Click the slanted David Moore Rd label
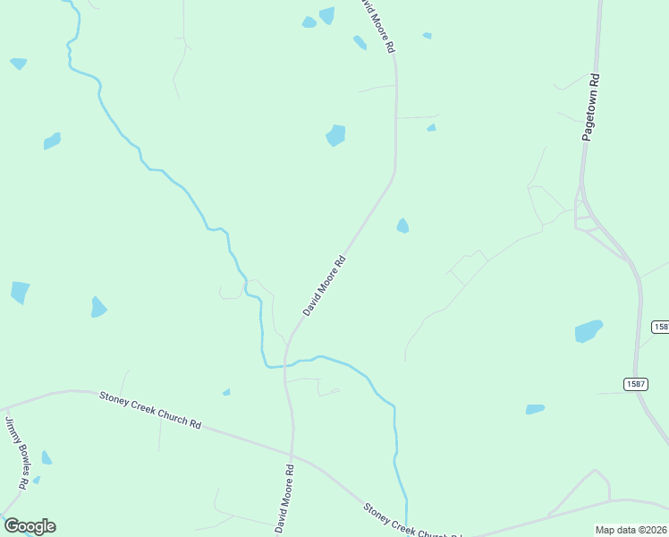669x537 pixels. click(x=324, y=286)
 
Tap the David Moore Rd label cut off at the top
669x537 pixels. click(x=377, y=25)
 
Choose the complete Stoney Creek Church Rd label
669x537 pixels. click(x=150, y=409)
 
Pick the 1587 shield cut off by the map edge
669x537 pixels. click(x=660, y=327)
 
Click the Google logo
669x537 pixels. click(x=30, y=525)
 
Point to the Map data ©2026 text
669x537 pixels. click(x=631, y=530)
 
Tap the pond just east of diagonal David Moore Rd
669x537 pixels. click(x=402, y=226)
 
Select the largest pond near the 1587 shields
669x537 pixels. click(x=588, y=331)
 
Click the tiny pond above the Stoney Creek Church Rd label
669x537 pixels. click(x=226, y=392)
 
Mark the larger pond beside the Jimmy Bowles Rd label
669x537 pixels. click(x=46, y=457)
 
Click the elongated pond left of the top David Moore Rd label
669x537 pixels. click(x=360, y=42)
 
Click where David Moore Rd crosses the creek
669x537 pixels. click(x=286, y=363)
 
